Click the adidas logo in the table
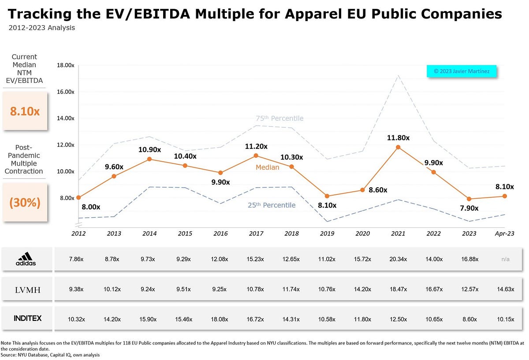pos(26,259)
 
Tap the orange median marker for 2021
pos(398,147)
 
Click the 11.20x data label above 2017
pos(256,146)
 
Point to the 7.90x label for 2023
pos(469,208)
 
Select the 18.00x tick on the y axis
pos(65,65)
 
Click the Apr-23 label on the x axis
pos(504,234)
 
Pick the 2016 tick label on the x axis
pos(220,234)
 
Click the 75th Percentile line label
pos(279,118)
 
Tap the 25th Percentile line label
pos(272,205)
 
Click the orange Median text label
pos(267,167)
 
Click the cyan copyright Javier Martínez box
pos(462,71)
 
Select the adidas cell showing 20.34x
pos(398,259)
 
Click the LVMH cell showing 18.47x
pos(398,289)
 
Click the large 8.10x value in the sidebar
pos(25,111)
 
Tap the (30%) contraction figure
pos(25,202)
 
